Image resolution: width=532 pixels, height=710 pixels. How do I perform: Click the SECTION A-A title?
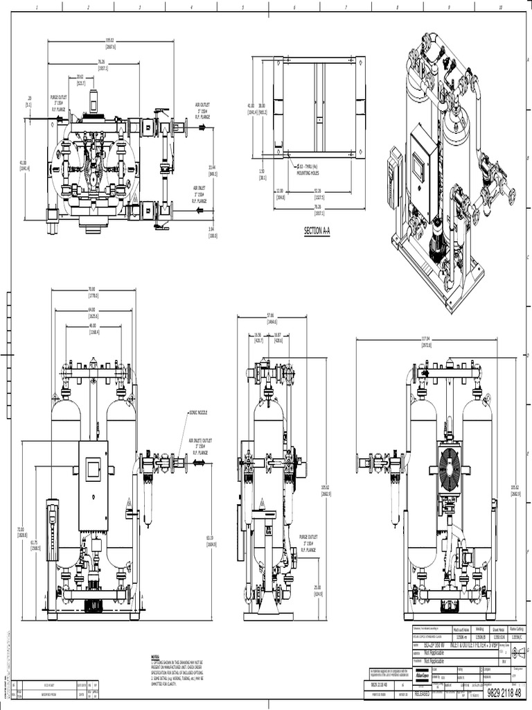[317, 231]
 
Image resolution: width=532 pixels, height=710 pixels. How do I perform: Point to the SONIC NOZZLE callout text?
[199, 412]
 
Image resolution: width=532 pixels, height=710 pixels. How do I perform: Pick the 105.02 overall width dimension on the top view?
[109, 39]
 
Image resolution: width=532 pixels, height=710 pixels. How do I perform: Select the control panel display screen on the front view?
[93, 469]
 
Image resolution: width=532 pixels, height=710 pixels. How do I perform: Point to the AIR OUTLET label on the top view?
[203, 110]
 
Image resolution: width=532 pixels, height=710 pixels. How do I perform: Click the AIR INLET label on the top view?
[202, 192]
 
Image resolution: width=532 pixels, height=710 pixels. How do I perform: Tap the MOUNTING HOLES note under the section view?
[310, 171]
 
